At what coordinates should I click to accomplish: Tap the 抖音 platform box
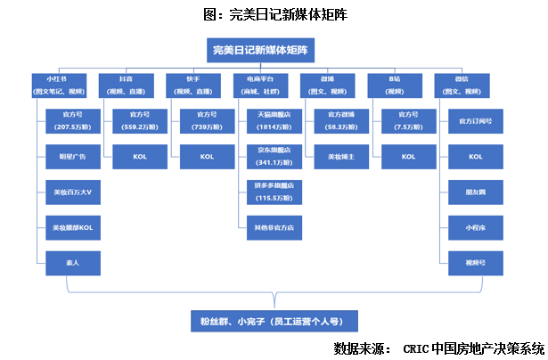coord(126,85)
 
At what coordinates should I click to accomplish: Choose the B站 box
coord(395,85)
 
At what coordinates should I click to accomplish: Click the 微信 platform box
coord(462,85)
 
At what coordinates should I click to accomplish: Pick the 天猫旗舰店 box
coord(274,120)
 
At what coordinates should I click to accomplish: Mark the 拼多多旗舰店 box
coord(274,192)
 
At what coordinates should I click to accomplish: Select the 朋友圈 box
coord(476,192)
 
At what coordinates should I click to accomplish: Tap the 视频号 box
coord(476,262)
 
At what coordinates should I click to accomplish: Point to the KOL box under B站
coord(408,156)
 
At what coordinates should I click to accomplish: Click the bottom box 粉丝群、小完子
coord(265,320)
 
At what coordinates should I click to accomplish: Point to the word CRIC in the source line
coord(415,348)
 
